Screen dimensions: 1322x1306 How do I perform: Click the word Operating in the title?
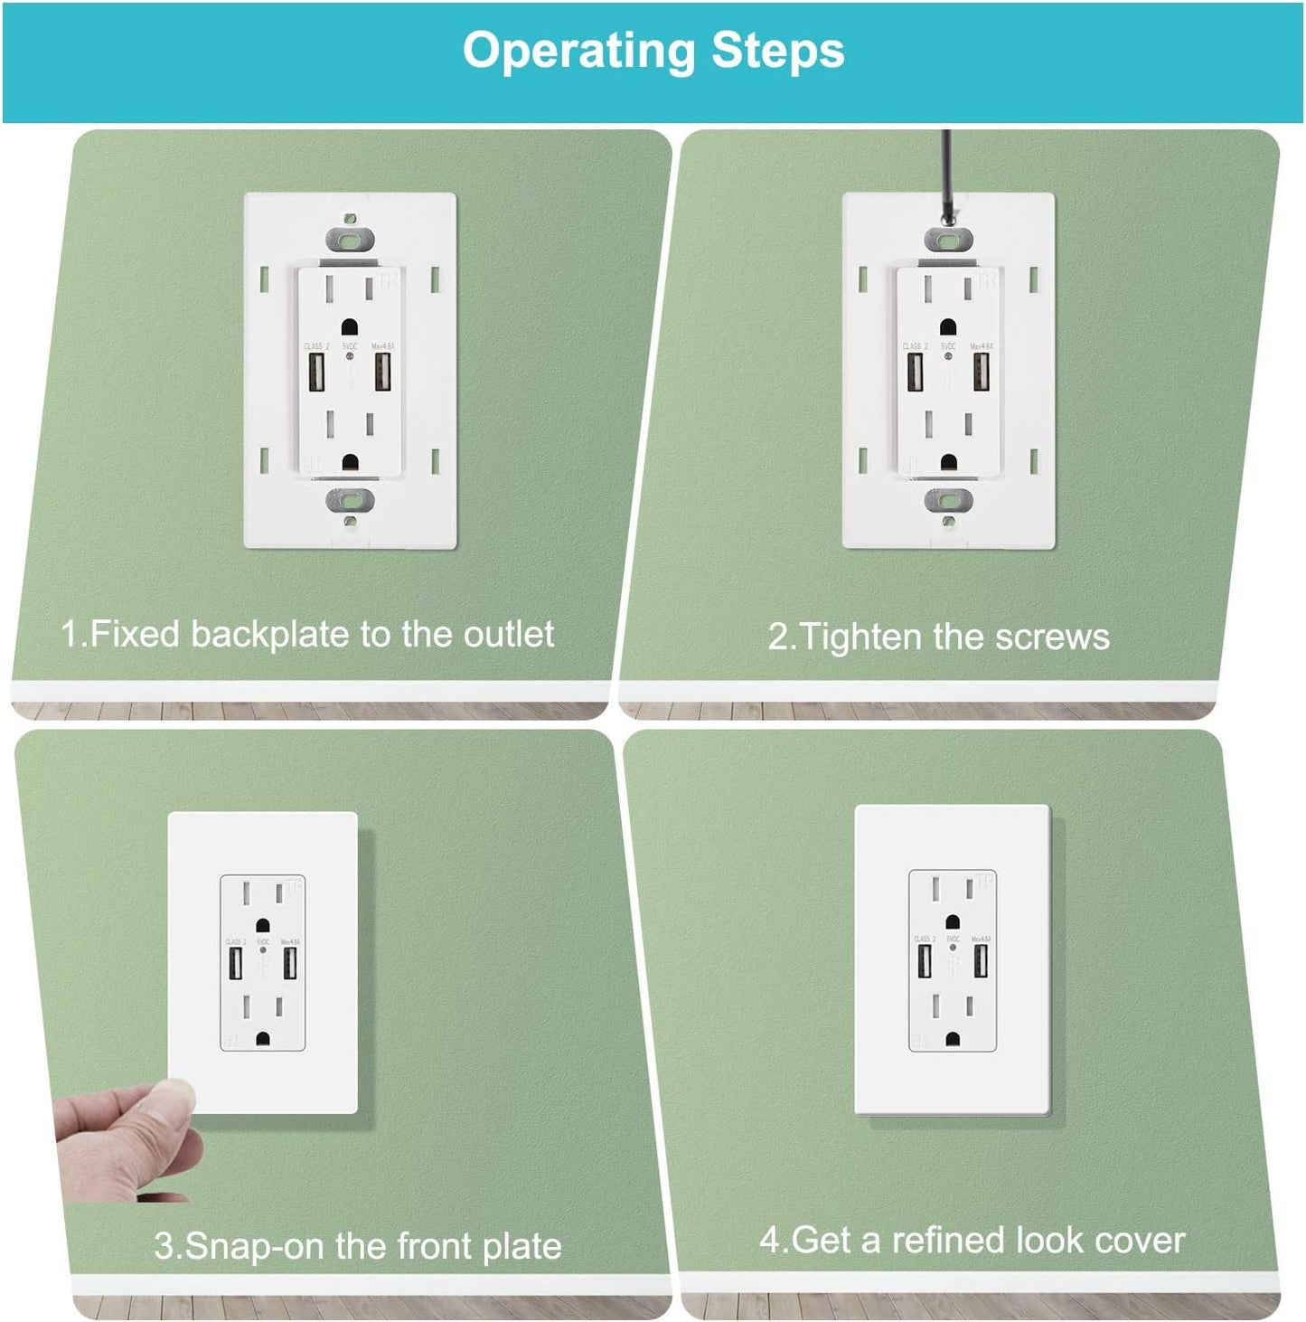click(579, 52)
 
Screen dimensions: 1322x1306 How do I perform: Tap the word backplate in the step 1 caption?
click(270, 635)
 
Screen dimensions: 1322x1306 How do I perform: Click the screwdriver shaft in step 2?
click(946, 172)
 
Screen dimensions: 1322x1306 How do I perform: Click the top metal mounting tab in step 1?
click(350, 240)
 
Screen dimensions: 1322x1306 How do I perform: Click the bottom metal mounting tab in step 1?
click(350, 499)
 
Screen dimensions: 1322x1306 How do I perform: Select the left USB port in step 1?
click(316, 371)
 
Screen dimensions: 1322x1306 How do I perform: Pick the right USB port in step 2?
click(982, 371)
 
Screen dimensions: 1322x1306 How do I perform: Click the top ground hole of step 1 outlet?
click(349, 326)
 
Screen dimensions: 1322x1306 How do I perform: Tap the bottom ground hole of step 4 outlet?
click(953, 1040)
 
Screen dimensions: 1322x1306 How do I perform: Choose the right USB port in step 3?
click(290, 963)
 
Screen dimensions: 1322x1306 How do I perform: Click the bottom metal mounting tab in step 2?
click(948, 499)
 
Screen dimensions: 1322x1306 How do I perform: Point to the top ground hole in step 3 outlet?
click(262, 926)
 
